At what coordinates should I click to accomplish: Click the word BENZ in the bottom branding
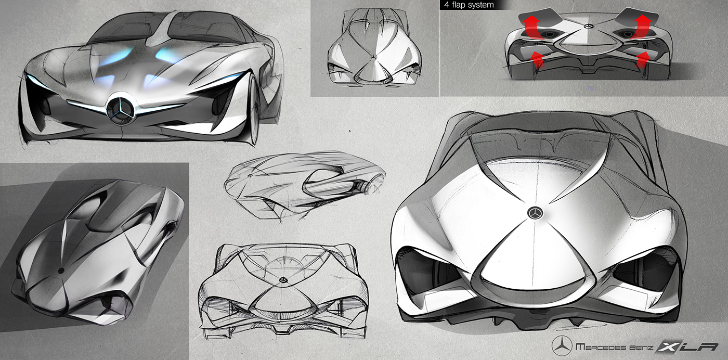[648, 346]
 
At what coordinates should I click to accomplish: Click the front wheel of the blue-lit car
[254, 109]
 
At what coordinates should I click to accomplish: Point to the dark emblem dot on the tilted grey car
[61, 270]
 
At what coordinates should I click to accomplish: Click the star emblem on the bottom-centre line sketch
[283, 280]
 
